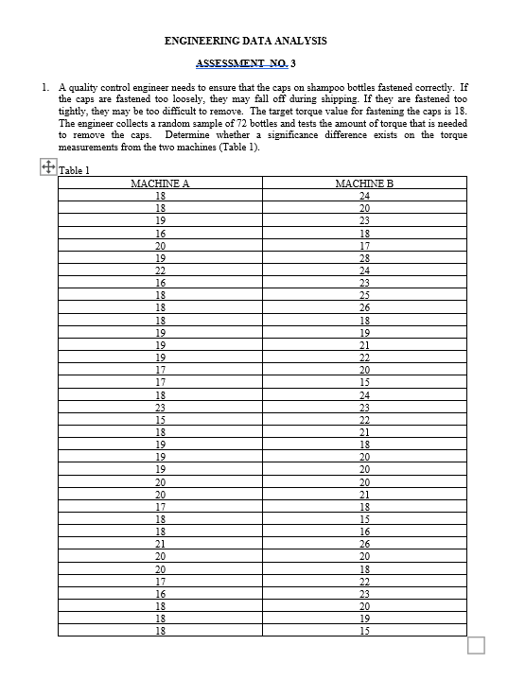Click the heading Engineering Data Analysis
[x=245, y=41]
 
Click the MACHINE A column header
[x=160, y=183]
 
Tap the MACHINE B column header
[x=364, y=183]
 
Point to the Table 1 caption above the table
[x=74, y=170]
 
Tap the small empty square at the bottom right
[x=476, y=645]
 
